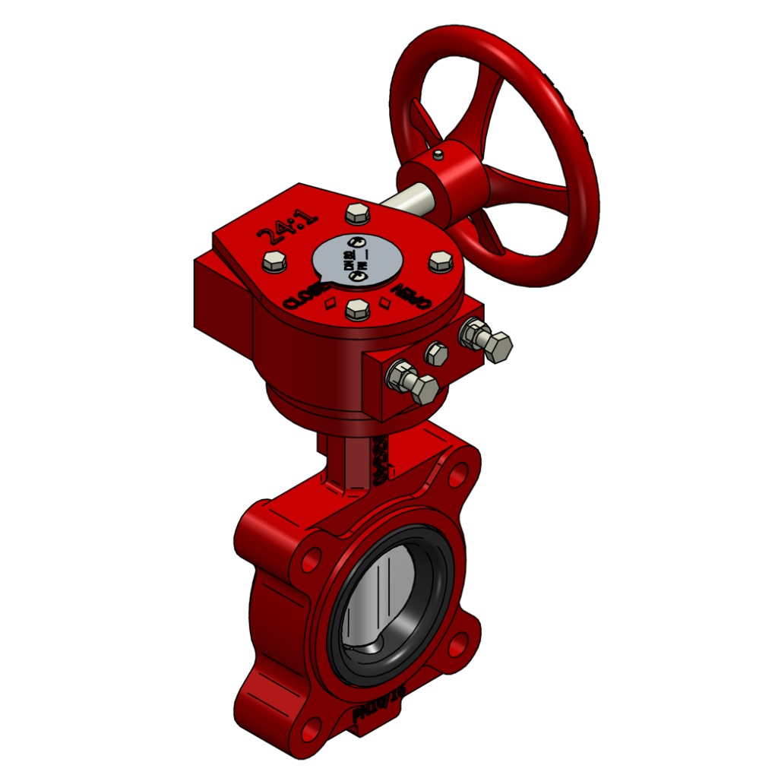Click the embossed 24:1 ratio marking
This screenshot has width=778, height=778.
tap(288, 227)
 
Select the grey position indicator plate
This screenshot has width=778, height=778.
tap(356, 258)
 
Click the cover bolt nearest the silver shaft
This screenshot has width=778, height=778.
tap(357, 213)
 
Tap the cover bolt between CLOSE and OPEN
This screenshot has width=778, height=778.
tap(357, 309)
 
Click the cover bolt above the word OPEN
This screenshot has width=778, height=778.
tap(441, 262)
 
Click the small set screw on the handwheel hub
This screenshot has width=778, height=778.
tap(438, 155)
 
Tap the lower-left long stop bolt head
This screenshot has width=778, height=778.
tap(422, 389)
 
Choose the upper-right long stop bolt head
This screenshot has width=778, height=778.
tap(498, 346)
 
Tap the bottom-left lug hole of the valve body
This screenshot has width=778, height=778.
tap(311, 732)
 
